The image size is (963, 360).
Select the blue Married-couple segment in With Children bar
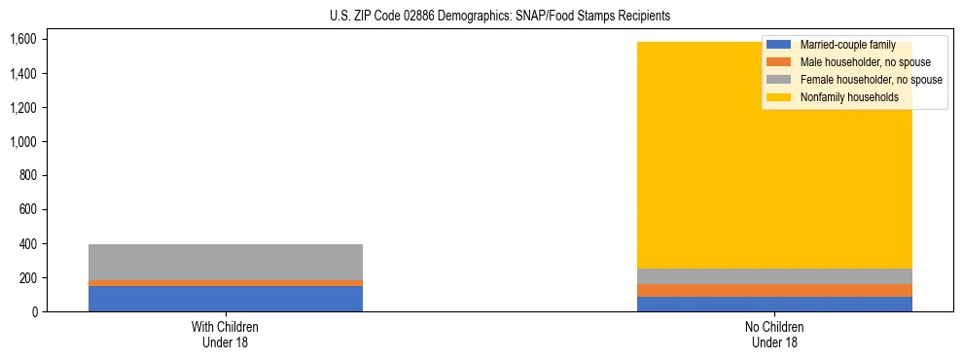click(x=226, y=299)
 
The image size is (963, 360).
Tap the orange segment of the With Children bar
click(x=226, y=283)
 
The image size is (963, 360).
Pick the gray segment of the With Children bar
click(x=226, y=262)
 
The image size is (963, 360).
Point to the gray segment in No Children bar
click(x=775, y=276)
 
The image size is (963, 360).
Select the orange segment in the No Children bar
click(x=775, y=290)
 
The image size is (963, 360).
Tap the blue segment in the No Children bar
click(x=775, y=304)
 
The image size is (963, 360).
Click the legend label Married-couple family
click(x=844, y=46)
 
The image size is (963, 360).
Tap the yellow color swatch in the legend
click(x=779, y=97)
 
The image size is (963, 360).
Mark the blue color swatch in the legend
click(x=779, y=46)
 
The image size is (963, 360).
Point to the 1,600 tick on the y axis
click(x=22, y=40)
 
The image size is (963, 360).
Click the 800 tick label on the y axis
click(x=27, y=176)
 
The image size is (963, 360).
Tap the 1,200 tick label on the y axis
click(x=22, y=108)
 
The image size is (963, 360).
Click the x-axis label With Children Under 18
click(x=226, y=335)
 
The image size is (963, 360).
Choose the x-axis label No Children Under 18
click(x=775, y=335)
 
